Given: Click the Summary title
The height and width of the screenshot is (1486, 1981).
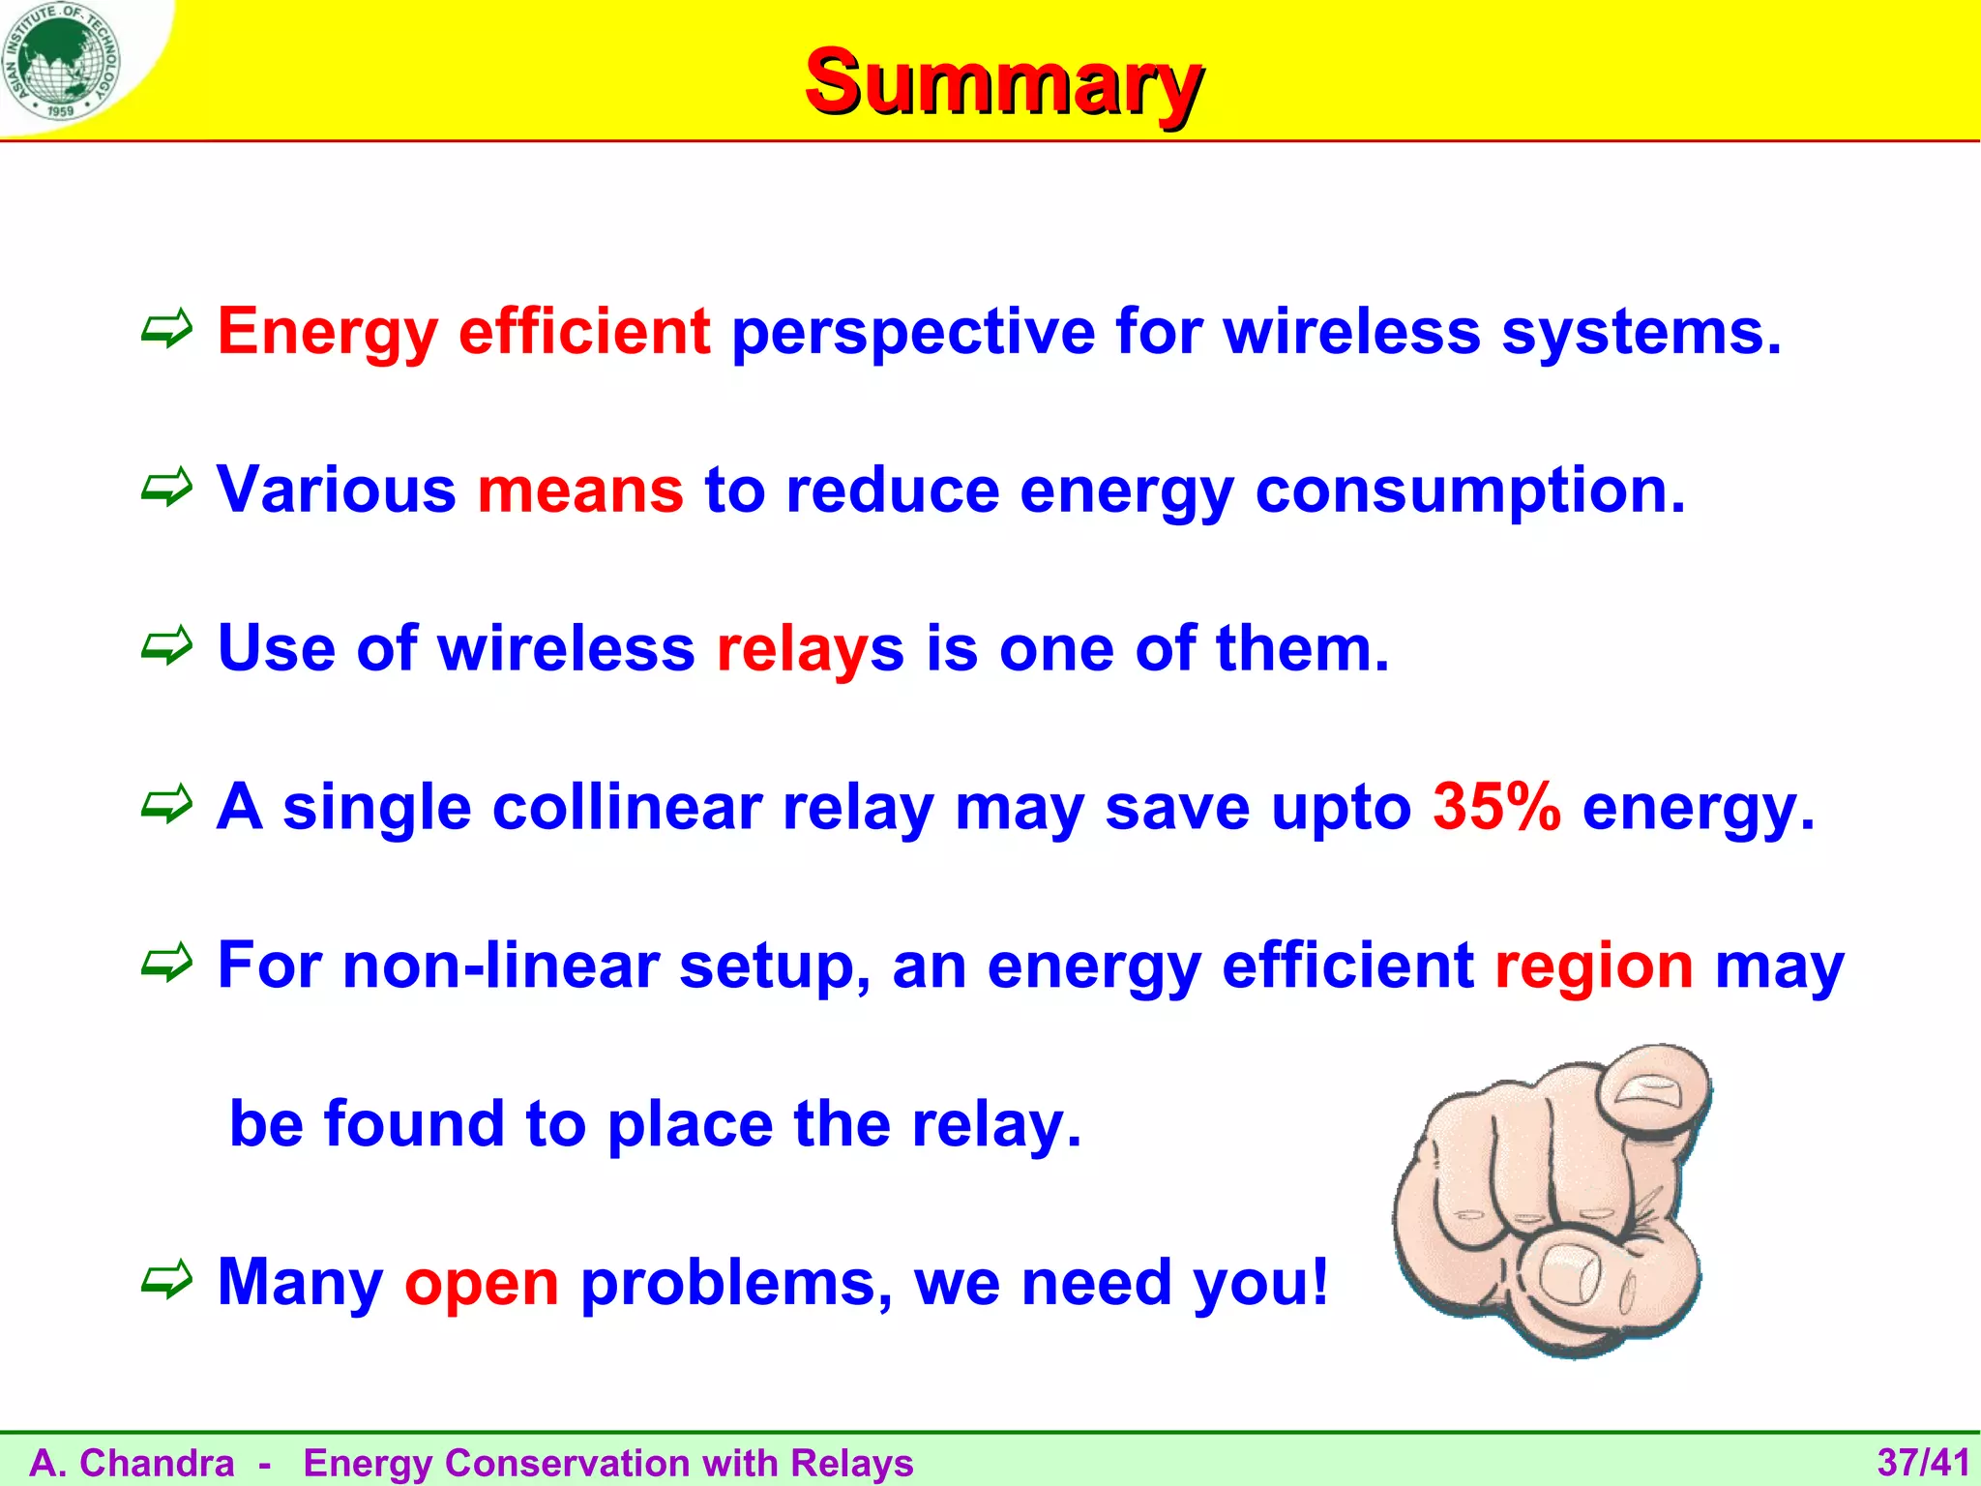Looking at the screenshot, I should click(1003, 82).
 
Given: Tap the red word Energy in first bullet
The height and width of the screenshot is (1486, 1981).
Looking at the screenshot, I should click(327, 332).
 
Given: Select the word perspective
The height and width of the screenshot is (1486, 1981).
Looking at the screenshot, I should click(913, 332).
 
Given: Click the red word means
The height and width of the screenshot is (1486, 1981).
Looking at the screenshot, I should click(580, 490).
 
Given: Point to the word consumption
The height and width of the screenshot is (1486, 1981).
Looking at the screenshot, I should click(1469, 490).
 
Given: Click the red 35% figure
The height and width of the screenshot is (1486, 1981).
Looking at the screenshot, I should click(1496, 806).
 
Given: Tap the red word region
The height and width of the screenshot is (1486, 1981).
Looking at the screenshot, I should click(1594, 966).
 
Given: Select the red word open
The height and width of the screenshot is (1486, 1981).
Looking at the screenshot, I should click(482, 1283).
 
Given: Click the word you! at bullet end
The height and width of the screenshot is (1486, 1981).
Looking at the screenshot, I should click(1260, 1283).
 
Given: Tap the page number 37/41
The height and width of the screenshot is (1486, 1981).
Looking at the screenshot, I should click(1923, 1462).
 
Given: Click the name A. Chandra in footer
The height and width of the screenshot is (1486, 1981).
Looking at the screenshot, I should click(132, 1463).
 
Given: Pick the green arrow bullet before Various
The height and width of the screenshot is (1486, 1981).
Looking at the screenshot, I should click(167, 489).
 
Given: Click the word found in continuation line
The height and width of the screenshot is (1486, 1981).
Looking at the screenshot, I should click(414, 1124).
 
